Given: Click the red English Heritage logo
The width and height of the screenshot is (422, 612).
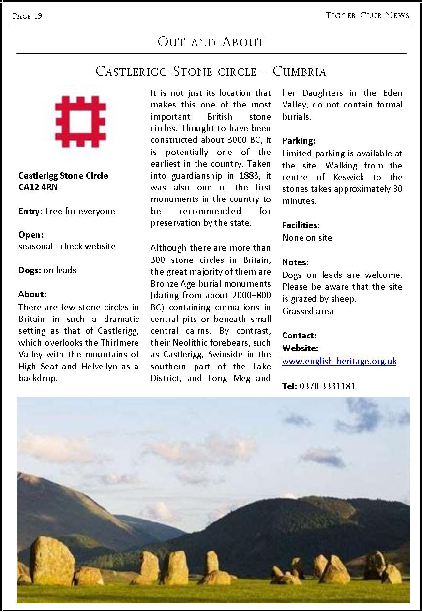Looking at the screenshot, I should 80,122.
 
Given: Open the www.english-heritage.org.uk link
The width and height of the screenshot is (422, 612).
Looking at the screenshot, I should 339,361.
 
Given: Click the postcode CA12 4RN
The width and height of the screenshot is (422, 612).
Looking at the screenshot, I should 38,187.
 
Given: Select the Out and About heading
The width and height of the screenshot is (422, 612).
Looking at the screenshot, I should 211,42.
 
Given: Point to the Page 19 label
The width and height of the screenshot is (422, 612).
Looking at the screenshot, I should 28,16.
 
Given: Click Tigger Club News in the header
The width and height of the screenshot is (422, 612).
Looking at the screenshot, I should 367,15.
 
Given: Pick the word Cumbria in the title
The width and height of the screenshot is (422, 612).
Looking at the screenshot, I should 300,72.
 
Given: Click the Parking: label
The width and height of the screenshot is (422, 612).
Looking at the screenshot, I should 299,141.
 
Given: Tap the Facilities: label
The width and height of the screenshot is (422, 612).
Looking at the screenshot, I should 301,225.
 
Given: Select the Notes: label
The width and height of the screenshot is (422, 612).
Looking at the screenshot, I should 295,262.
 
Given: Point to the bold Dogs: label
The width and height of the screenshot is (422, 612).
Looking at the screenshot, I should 30,270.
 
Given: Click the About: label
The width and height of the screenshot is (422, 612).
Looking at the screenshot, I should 32,294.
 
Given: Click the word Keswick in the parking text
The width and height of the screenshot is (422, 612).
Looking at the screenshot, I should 348,177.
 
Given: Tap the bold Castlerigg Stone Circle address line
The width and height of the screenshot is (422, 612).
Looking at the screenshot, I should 63,176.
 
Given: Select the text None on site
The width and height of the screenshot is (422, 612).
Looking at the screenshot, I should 307,238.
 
